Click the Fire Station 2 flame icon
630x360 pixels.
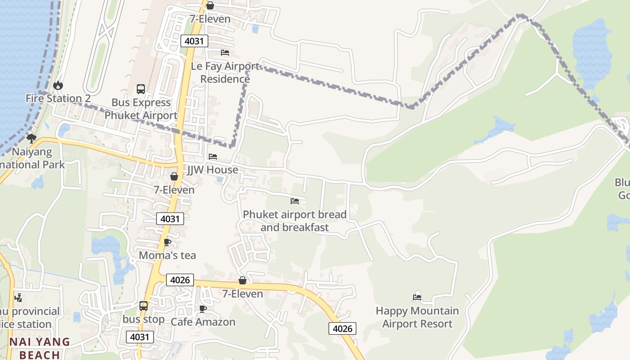pyautogui.click(x=58, y=85)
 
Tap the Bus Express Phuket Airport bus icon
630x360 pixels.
pyautogui.click(x=141, y=89)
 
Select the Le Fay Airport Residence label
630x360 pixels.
pyautogui.click(x=225, y=72)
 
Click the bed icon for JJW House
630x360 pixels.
pyautogui.click(x=213, y=157)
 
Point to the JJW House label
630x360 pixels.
pyautogui.click(x=212, y=170)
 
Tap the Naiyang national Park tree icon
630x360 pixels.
pyautogui.click(x=31, y=138)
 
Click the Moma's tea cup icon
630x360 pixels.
pyautogui.click(x=167, y=242)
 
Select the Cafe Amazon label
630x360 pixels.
pyautogui.click(x=202, y=322)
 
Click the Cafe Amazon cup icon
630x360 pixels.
pyautogui.click(x=202, y=309)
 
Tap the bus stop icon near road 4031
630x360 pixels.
pyautogui.click(x=144, y=306)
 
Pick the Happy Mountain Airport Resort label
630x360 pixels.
pyautogui.click(x=417, y=317)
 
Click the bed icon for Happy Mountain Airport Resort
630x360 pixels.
pyautogui.click(x=417, y=297)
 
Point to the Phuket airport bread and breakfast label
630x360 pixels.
pyautogui.click(x=295, y=220)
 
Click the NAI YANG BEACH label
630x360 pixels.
pyautogui.click(x=40, y=348)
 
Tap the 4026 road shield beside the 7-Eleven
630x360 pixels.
pyautogui.click(x=180, y=280)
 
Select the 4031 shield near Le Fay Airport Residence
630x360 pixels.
pyautogui.click(x=194, y=41)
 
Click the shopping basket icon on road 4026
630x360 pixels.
pyautogui.click(x=243, y=280)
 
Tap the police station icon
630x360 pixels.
pyautogui.click(x=18, y=297)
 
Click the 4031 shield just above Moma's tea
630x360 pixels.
pyautogui.click(x=170, y=219)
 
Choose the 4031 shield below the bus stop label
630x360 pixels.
pyautogui.click(x=140, y=337)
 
